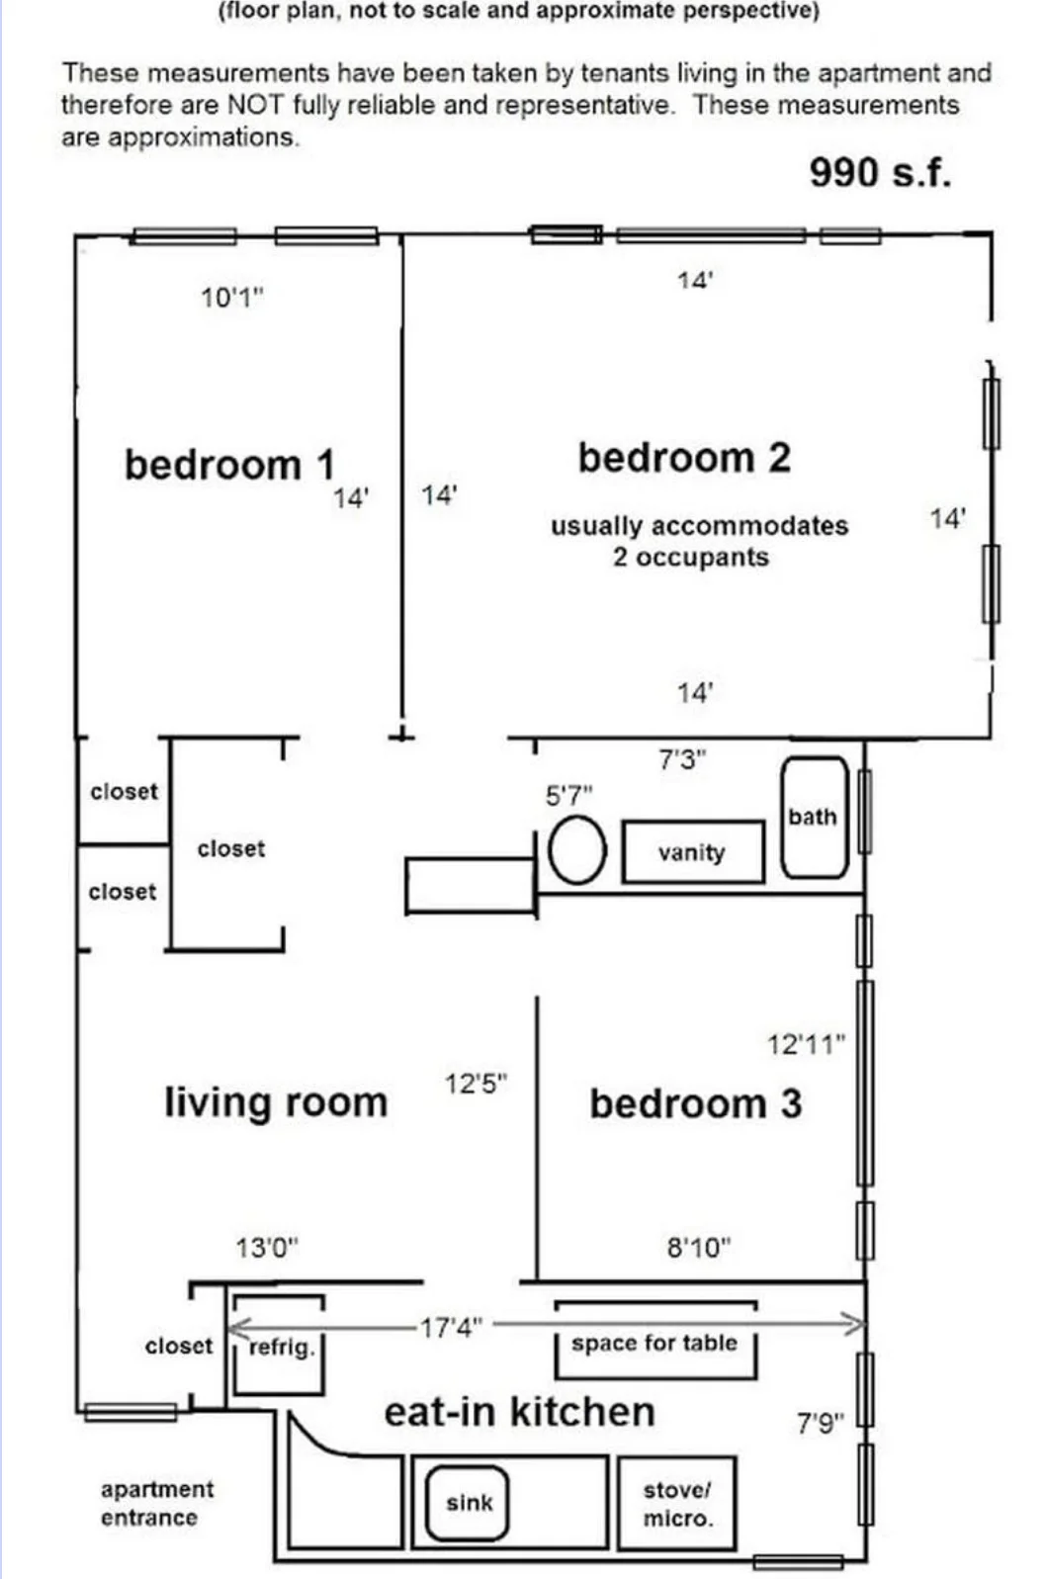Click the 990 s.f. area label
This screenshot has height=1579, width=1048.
point(880,173)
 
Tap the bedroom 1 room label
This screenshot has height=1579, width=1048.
point(229,465)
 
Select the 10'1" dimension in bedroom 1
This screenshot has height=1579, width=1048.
point(232,297)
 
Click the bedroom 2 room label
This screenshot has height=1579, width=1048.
point(684,458)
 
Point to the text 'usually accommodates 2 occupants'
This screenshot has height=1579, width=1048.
point(698,541)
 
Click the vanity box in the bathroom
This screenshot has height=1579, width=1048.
point(692,851)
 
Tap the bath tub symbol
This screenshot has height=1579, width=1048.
point(814,818)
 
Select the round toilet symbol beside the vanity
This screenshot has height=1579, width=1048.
point(577,850)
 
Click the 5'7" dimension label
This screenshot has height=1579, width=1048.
point(569,796)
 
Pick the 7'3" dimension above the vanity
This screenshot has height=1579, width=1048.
point(682,760)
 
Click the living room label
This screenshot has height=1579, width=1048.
point(276,1102)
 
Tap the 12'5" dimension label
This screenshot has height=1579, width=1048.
point(476,1084)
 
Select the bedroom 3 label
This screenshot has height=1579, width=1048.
point(695,1104)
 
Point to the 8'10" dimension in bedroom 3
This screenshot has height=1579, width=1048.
point(698,1248)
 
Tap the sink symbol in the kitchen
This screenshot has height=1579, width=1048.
point(468,1503)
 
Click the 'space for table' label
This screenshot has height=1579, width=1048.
point(655,1343)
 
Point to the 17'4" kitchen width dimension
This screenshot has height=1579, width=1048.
point(450,1327)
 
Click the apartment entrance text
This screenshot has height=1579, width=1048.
point(156,1503)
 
